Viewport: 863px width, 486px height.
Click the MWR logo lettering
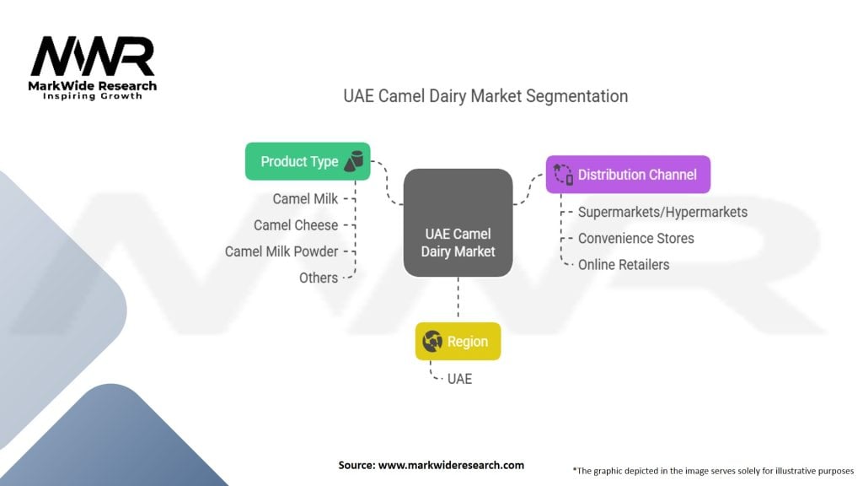[93, 56]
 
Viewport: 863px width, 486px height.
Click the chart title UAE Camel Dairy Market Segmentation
[485, 96]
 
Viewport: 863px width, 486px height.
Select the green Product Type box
[308, 161]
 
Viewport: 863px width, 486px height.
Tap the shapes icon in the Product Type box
[354, 161]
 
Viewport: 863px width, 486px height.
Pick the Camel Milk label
[305, 199]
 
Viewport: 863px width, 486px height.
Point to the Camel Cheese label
[296, 225]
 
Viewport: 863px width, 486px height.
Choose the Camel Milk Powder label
[281, 251]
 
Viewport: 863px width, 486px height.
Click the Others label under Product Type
[318, 278]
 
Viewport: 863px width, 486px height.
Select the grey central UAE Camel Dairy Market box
[458, 223]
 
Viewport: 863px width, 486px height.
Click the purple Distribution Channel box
[628, 175]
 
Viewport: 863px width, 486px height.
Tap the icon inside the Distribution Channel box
[563, 174]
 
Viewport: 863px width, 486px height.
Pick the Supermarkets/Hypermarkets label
[662, 212]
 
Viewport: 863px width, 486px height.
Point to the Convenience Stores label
[635, 239]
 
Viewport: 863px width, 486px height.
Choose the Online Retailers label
[624, 265]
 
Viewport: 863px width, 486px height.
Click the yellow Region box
[458, 342]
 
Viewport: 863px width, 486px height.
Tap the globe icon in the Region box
[432, 342]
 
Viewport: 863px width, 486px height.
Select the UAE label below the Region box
[459, 379]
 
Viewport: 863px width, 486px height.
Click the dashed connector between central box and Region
[458, 300]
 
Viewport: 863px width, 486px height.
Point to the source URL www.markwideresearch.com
[451, 465]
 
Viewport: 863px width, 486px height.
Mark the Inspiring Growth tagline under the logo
[93, 96]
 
